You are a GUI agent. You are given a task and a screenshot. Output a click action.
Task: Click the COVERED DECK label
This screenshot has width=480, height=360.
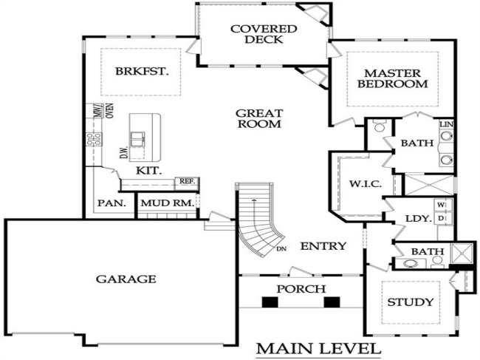tap(253, 34)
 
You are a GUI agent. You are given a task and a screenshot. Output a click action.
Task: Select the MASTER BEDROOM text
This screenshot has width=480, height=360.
tap(392, 78)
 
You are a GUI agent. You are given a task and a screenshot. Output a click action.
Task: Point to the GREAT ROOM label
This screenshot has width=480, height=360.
tap(258, 118)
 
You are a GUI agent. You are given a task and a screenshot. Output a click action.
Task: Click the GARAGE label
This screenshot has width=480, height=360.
tap(126, 279)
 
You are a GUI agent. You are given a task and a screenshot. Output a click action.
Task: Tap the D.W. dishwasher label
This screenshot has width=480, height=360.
tap(124, 153)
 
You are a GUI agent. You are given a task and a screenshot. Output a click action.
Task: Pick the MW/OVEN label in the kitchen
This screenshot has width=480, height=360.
tap(103, 111)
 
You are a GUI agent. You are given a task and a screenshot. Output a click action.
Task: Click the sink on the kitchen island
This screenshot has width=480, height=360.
tap(137, 137)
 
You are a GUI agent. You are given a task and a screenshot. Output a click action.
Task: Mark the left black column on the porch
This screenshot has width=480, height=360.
tap(270, 302)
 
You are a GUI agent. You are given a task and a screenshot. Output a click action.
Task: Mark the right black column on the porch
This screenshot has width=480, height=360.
tap(332, 302)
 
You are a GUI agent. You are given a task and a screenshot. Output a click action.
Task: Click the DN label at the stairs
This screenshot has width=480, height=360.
tap(281, 248)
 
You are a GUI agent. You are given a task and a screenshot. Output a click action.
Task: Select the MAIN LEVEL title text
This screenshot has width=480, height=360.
tap(318, 347)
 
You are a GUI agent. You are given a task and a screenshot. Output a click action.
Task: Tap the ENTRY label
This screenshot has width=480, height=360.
tap(323, 245)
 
